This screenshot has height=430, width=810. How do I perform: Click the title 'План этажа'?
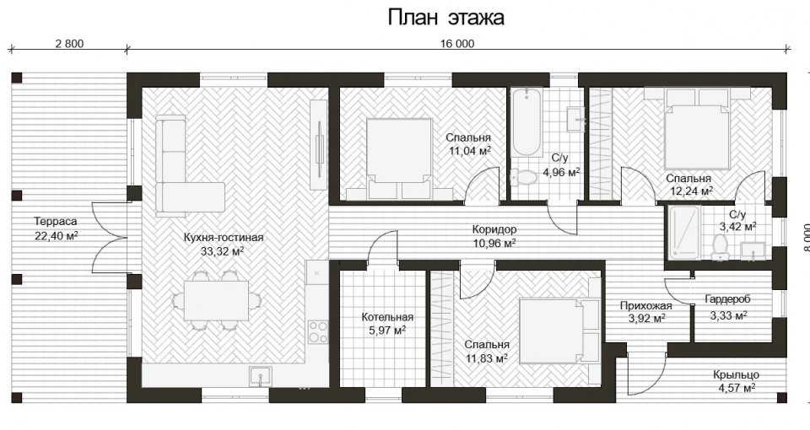click(445, 18)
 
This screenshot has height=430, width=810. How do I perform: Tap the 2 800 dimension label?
click(69, 44)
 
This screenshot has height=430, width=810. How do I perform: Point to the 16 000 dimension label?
click(457, 44)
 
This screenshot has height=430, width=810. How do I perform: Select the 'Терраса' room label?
click(56, 222)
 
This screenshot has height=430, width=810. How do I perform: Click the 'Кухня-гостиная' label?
click(223, 238)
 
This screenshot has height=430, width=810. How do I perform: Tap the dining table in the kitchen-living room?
click(217, 300)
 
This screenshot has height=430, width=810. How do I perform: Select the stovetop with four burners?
click(318, 332)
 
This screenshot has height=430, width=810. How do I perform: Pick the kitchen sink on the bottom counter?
click(261, 376)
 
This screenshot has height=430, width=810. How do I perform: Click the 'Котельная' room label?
click(387, 317)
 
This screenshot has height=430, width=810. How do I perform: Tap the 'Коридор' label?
click(494, 229)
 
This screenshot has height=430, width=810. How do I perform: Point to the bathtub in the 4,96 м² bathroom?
click(526, 122)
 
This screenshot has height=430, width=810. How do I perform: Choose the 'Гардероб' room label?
click(727, 298)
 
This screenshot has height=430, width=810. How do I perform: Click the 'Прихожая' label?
click(646, 306)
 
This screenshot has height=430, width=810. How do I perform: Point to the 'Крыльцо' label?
click(736, 375)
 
